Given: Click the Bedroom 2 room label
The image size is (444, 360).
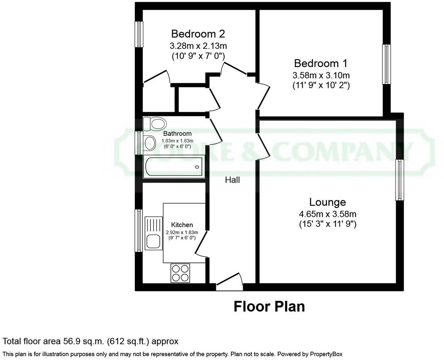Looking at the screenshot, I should click(198, 34).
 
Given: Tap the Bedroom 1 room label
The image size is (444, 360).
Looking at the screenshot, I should click(320, 63).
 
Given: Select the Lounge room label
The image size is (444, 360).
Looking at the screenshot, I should click(327, 202).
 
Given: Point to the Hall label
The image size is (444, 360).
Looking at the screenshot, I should click(232, 180).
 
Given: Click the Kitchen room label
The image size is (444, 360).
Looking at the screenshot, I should click(182, 225).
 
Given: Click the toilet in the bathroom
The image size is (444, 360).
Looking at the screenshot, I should click(154, 124).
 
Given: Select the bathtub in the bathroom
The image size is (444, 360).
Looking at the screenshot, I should click(174, 166).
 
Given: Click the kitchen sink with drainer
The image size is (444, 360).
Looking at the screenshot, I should click(154, 233).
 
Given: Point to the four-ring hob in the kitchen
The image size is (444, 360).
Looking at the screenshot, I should click(180, 273).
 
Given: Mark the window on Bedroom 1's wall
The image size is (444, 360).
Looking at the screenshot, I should click(386, 64).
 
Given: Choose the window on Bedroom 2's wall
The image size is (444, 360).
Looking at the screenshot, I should click(139, 34).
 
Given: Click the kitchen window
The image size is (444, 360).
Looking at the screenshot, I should click(139, 231).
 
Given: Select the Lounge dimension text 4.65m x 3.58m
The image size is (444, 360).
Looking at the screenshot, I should click(327, 214).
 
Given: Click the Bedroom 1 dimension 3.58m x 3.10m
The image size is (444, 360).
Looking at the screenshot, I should click(320, 75).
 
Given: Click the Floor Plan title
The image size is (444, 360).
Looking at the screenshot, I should click(269, 306).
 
